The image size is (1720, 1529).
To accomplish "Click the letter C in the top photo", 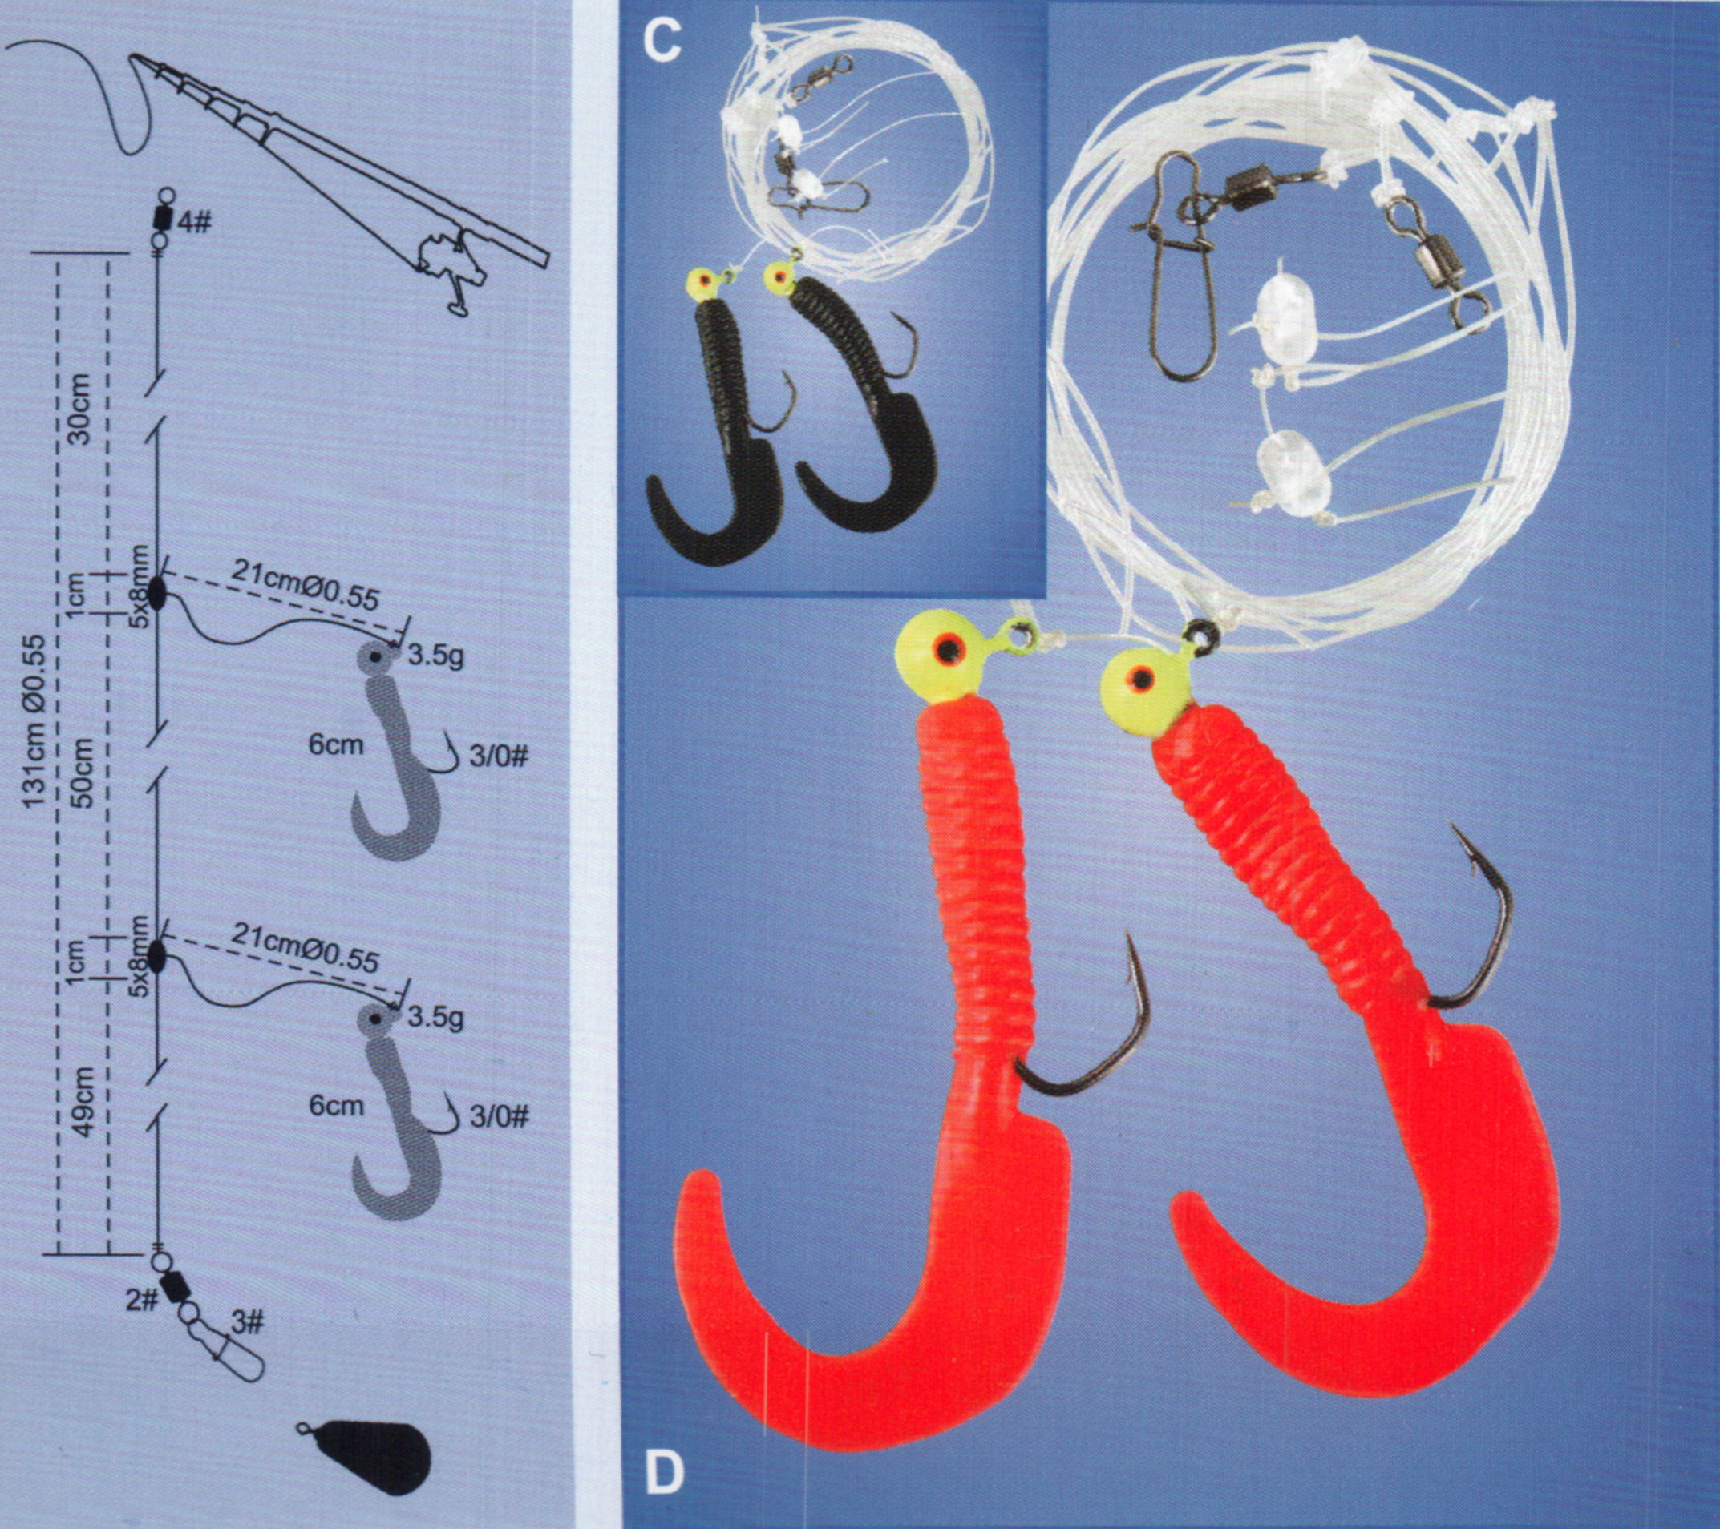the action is [x=662, y=40].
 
